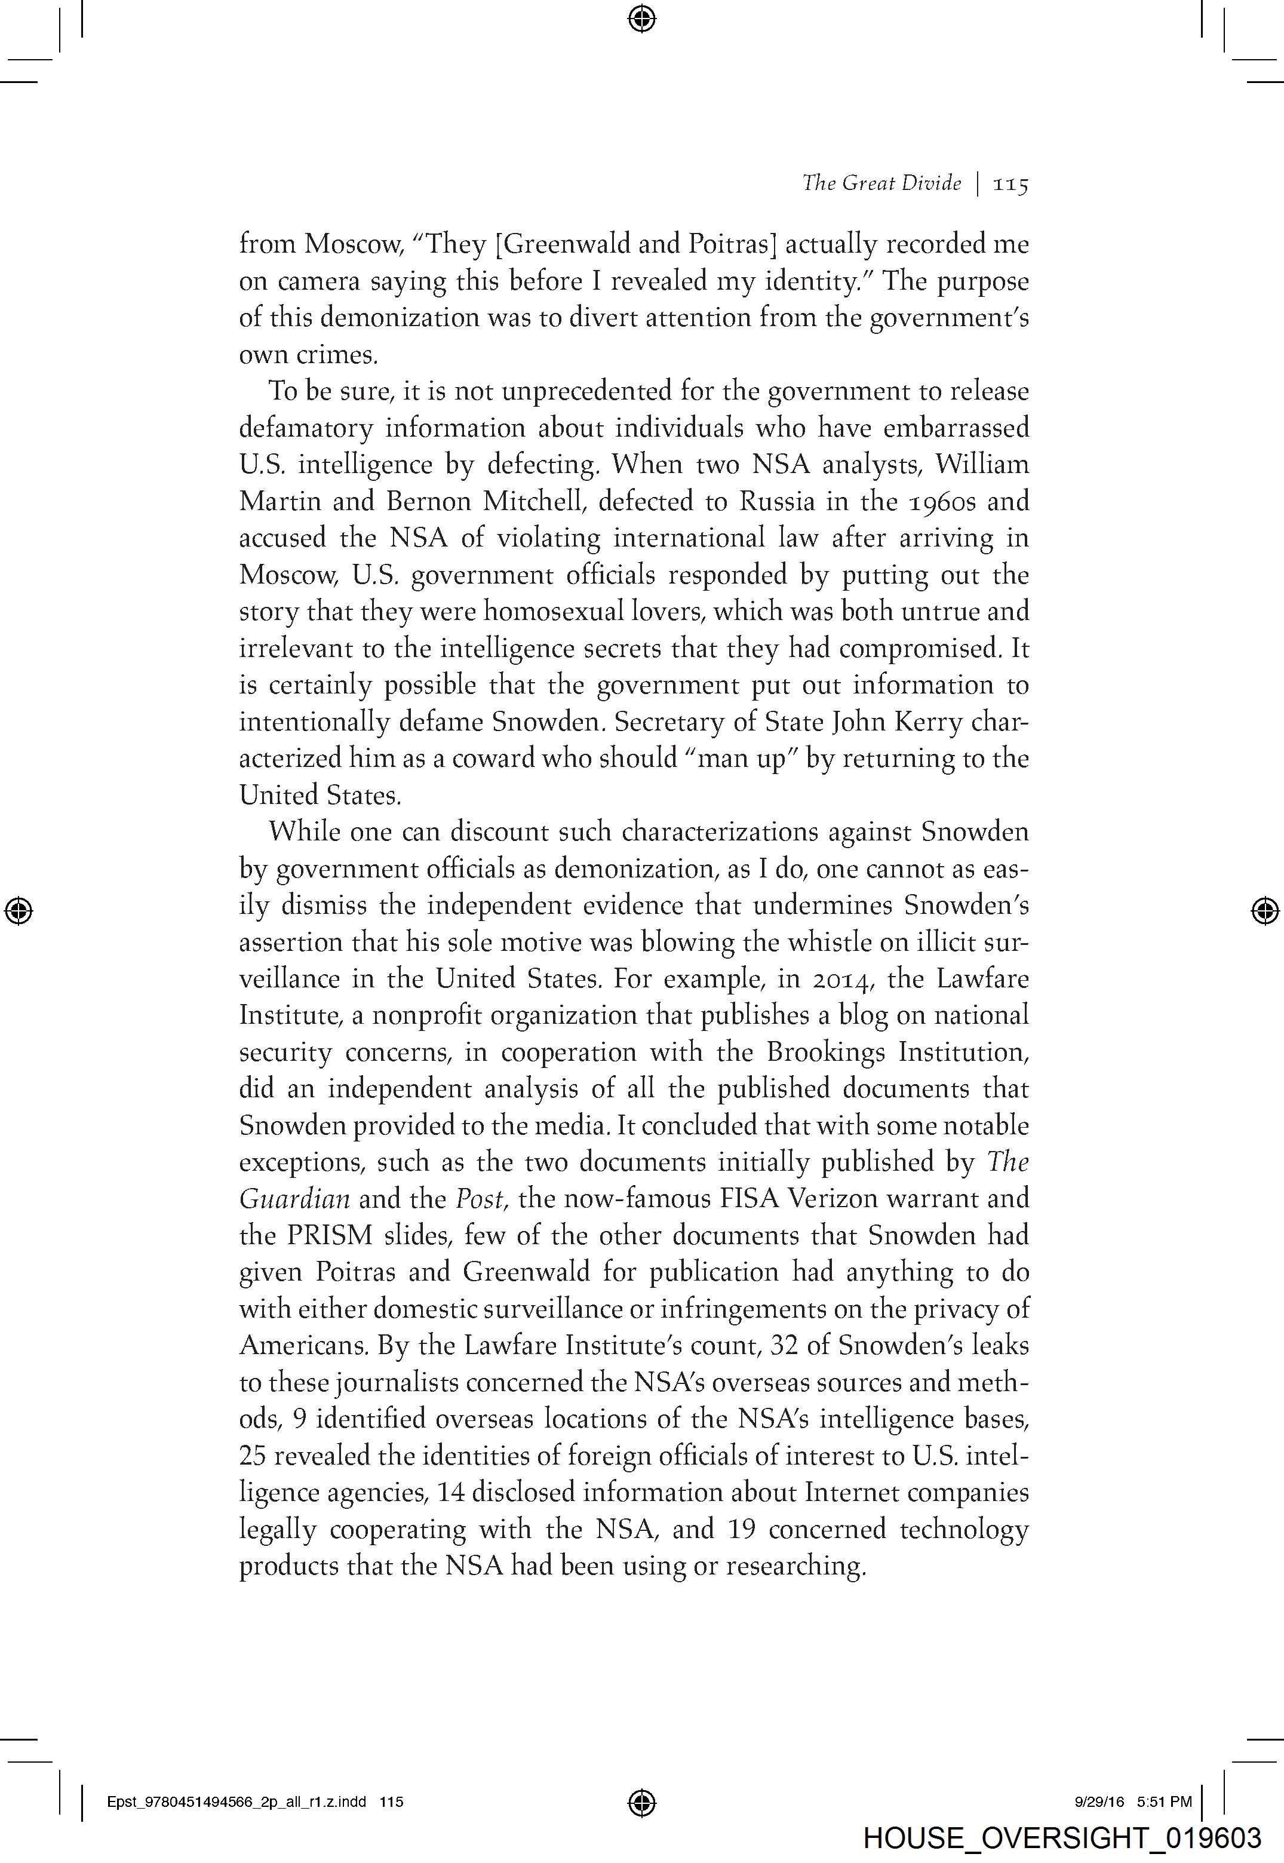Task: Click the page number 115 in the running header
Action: click(x=1011, y=184)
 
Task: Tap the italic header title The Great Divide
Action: click(x=881, y=183)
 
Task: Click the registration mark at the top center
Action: click(x=641, y=18)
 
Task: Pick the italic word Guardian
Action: click(x=294, y=1199)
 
